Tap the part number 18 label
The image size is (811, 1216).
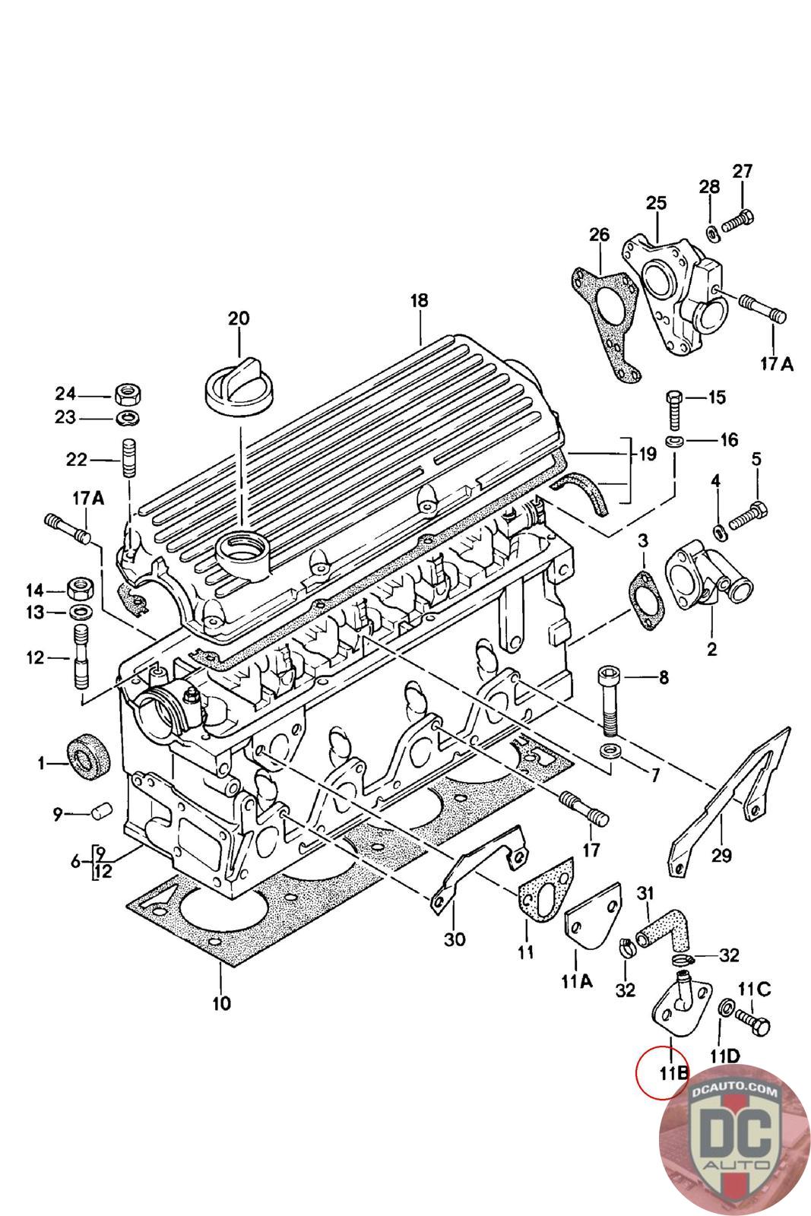pos(419,300)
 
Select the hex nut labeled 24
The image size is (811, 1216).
pos(126,394)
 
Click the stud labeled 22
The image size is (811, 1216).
pos(128,459)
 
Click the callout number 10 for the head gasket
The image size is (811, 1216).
pos(220,1003)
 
